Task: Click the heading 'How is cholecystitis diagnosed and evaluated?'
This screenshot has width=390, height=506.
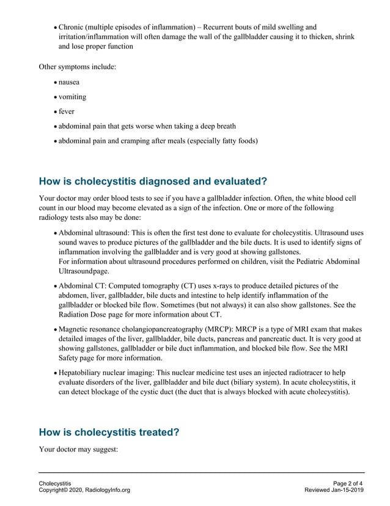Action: click(153, 181)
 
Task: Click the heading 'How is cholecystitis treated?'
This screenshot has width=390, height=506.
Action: click(109, 432)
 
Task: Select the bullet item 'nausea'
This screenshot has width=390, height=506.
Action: click(68, 82)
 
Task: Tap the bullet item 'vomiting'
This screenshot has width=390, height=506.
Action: click(72, 97)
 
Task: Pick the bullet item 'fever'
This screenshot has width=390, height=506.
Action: click(66, 111)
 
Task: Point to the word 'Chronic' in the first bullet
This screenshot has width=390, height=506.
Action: click(73, 27)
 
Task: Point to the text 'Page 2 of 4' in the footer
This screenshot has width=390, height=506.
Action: click(348, 483)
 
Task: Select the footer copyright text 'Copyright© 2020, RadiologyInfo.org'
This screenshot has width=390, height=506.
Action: click(84, 491)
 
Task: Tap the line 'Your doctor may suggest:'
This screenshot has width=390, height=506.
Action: click(78, 449)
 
